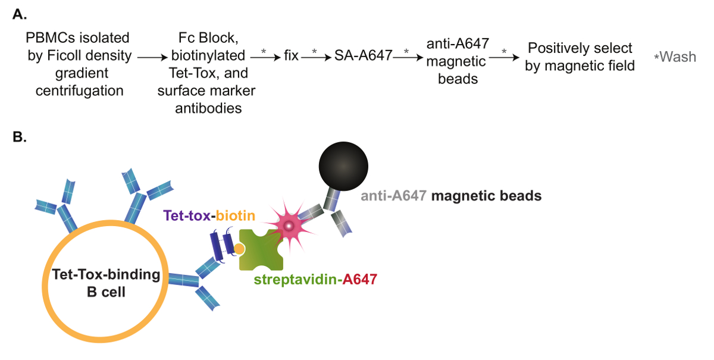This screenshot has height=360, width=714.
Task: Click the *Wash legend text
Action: point(675,57)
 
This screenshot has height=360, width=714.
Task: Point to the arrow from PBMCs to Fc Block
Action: point(152,57)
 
